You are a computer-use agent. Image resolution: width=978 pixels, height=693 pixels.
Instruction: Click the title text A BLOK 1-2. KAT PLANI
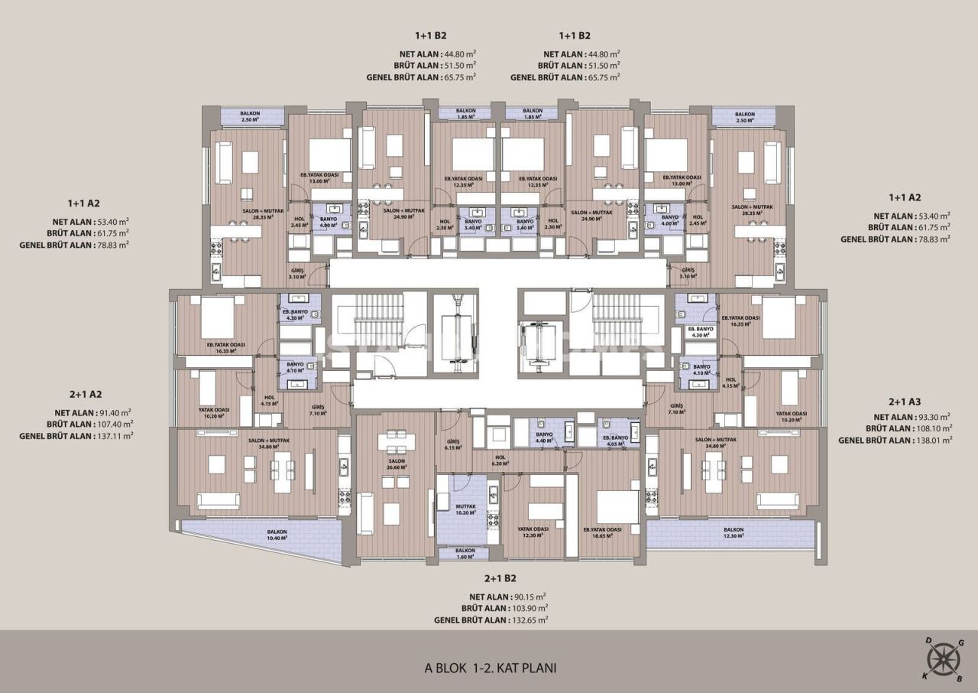coord(490,668)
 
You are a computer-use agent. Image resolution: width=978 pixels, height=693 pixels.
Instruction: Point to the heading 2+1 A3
coord(904,402)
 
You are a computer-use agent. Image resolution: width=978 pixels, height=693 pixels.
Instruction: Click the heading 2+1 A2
coord(86,395)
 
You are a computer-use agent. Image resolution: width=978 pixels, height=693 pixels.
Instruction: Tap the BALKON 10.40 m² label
coord(277,535)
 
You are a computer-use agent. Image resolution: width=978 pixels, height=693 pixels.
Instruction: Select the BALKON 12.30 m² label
coord(733,533)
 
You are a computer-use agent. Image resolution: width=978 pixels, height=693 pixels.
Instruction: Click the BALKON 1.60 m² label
coord(465,554)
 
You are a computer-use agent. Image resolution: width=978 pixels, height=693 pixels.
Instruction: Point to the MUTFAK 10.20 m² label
coord(465,509)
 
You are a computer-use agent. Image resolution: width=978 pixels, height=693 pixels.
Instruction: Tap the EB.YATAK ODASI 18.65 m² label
coord(602,532)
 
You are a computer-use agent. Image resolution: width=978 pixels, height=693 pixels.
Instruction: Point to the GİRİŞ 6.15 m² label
coord(452,444)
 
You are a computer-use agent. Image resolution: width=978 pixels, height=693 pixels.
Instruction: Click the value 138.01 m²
coord(934,441)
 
